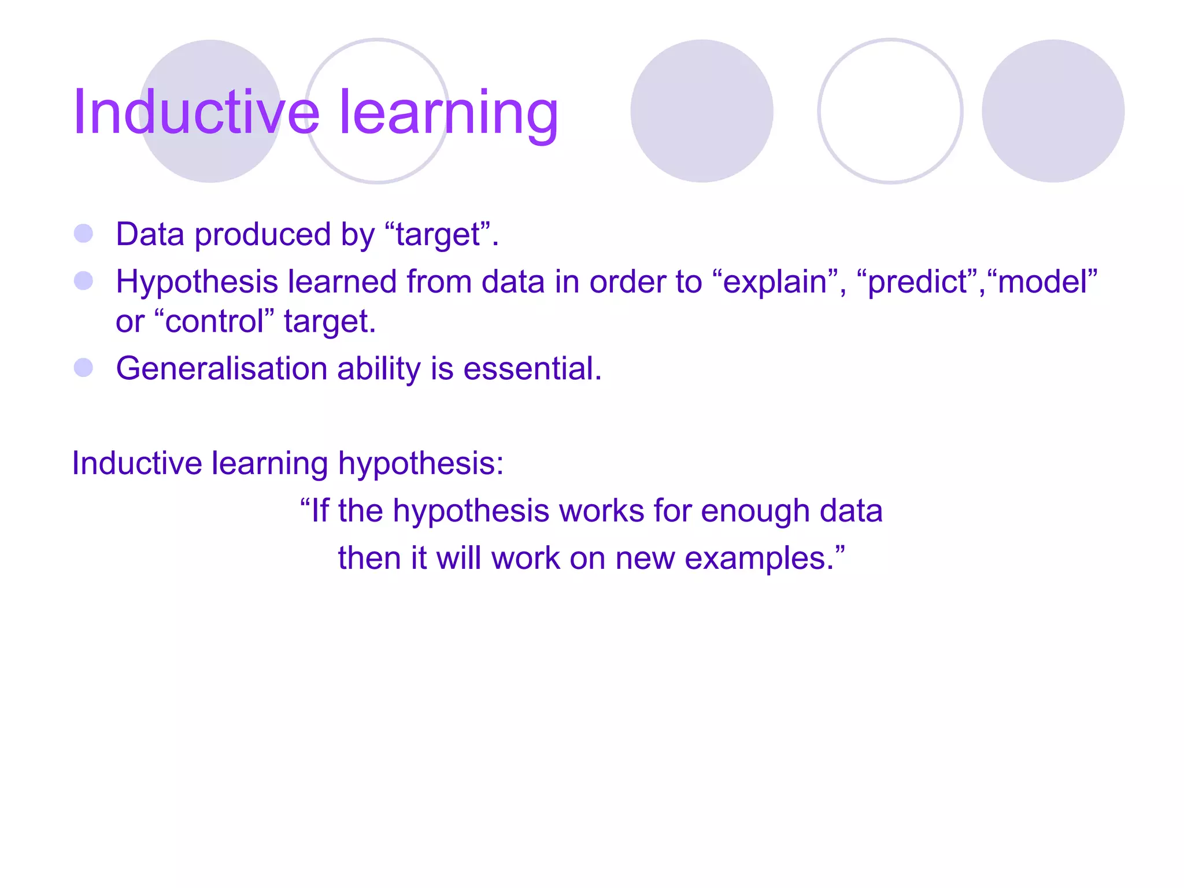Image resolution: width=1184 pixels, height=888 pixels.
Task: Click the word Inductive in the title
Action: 195,112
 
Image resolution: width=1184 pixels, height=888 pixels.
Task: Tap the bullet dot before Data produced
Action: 84,234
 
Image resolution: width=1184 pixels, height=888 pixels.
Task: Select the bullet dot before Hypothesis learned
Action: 84,281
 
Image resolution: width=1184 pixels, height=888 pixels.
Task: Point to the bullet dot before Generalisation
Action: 84,368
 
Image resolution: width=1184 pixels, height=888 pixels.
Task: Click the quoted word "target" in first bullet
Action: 437,235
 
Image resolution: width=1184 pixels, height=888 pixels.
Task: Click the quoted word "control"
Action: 214,321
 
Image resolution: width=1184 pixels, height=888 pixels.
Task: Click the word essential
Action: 532,368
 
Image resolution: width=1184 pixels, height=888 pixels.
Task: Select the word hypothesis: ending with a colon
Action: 420,464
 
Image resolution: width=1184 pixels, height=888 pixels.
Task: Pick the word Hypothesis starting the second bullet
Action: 197,282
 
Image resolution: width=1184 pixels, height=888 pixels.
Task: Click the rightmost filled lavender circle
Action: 1053,111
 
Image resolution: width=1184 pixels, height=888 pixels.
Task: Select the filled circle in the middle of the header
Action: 701,111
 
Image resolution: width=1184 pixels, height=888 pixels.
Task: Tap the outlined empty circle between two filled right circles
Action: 890,111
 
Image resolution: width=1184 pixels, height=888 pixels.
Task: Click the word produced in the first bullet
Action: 263,235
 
